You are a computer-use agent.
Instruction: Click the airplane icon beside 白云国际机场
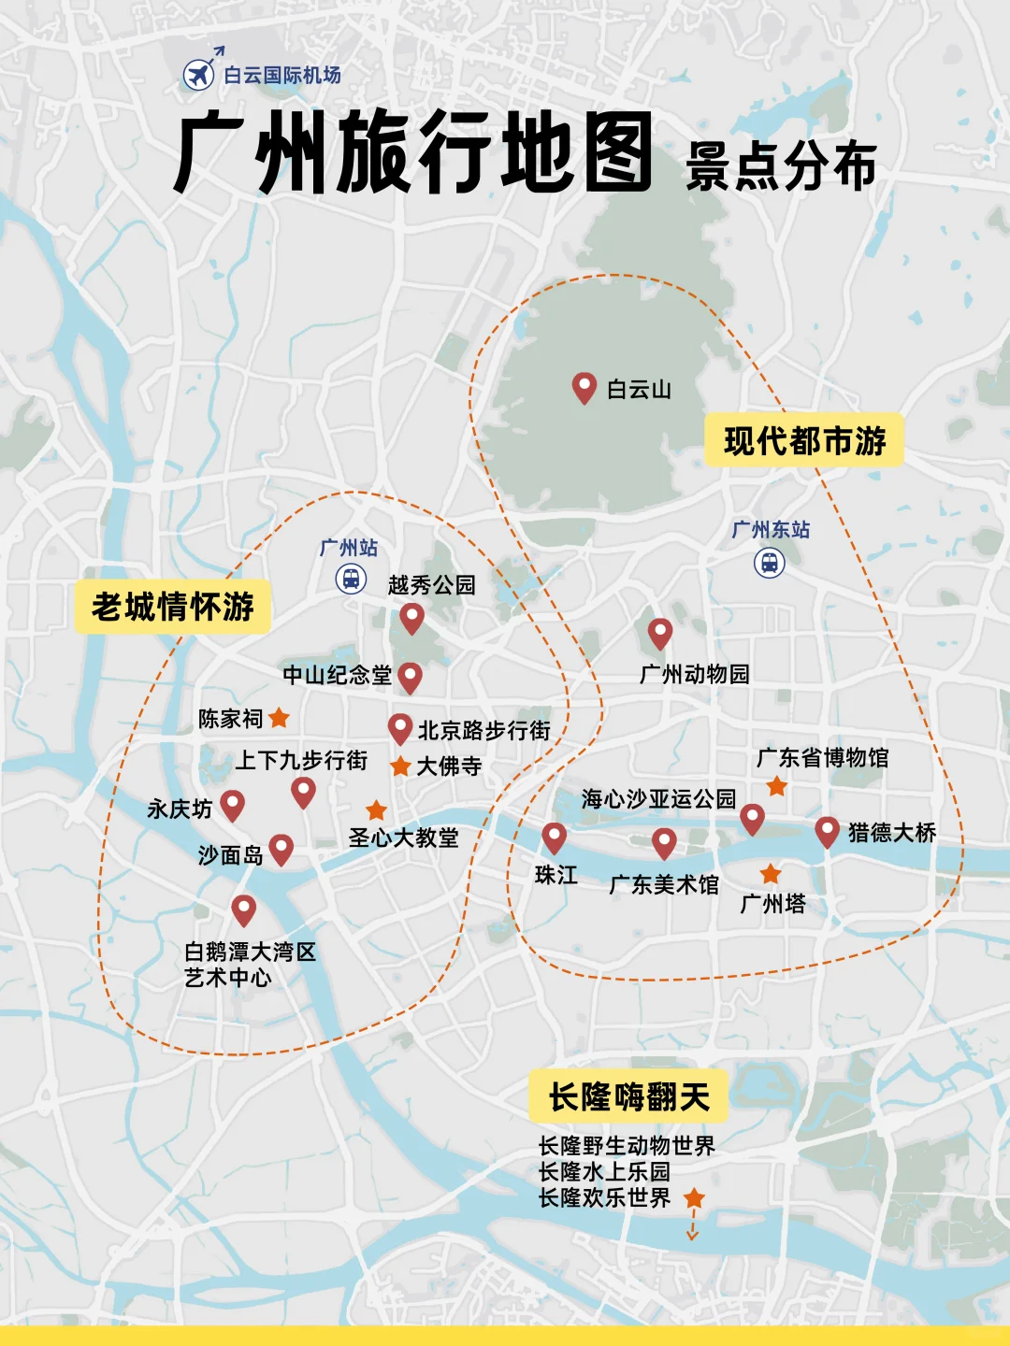tap(198, 74)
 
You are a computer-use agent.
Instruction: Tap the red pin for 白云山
tap(584, 386)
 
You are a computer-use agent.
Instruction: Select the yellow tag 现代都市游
tap(804, 440)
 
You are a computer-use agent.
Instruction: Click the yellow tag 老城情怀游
tap(173, 607)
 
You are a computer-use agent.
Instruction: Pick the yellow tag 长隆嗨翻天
tap(628, 1096)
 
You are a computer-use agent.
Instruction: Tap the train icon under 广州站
tap(351, 579)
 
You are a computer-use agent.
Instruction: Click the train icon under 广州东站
tap(769, 563)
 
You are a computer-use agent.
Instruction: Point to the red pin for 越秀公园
tap(412, 617)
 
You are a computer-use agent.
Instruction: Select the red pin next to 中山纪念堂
tap(410, 677)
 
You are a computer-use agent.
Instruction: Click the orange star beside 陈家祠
tap(279, 718)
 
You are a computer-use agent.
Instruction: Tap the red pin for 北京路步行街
tap(400, 728)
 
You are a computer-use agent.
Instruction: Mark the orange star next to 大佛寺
tap(400, 766)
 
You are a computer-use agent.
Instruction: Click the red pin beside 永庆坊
tap(232, 805)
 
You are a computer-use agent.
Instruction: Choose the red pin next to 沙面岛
tap(281, 849)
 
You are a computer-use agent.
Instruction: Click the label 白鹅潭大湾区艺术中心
tap(250, 964)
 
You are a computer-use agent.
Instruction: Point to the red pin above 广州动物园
tap(660, 633)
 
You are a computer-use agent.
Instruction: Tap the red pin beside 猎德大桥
tap(827, 830)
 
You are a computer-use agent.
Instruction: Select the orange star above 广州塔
tap(771, 874)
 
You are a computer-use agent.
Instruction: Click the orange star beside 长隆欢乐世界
tap(694, 1197)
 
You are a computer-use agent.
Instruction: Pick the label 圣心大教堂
tap(403, 838)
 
